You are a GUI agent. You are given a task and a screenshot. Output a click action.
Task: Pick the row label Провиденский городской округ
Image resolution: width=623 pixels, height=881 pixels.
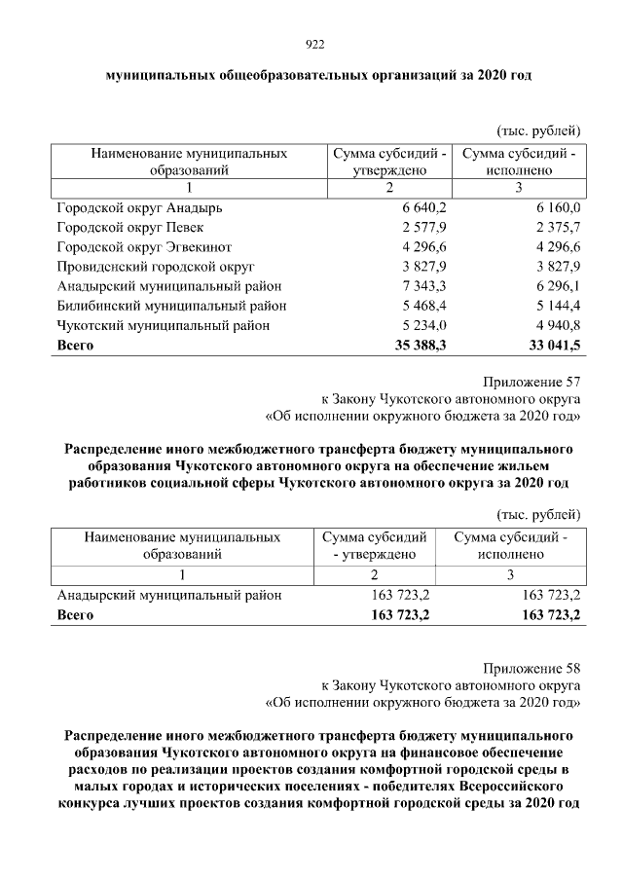tap(156, 267)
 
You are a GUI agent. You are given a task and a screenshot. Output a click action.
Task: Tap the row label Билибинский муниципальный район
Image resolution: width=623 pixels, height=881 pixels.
tap(171, 306)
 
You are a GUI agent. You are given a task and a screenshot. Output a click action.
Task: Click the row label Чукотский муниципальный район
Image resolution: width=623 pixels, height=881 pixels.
tap(163, 325)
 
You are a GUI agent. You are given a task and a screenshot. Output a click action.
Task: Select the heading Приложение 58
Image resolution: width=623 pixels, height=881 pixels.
tap(532, 668)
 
